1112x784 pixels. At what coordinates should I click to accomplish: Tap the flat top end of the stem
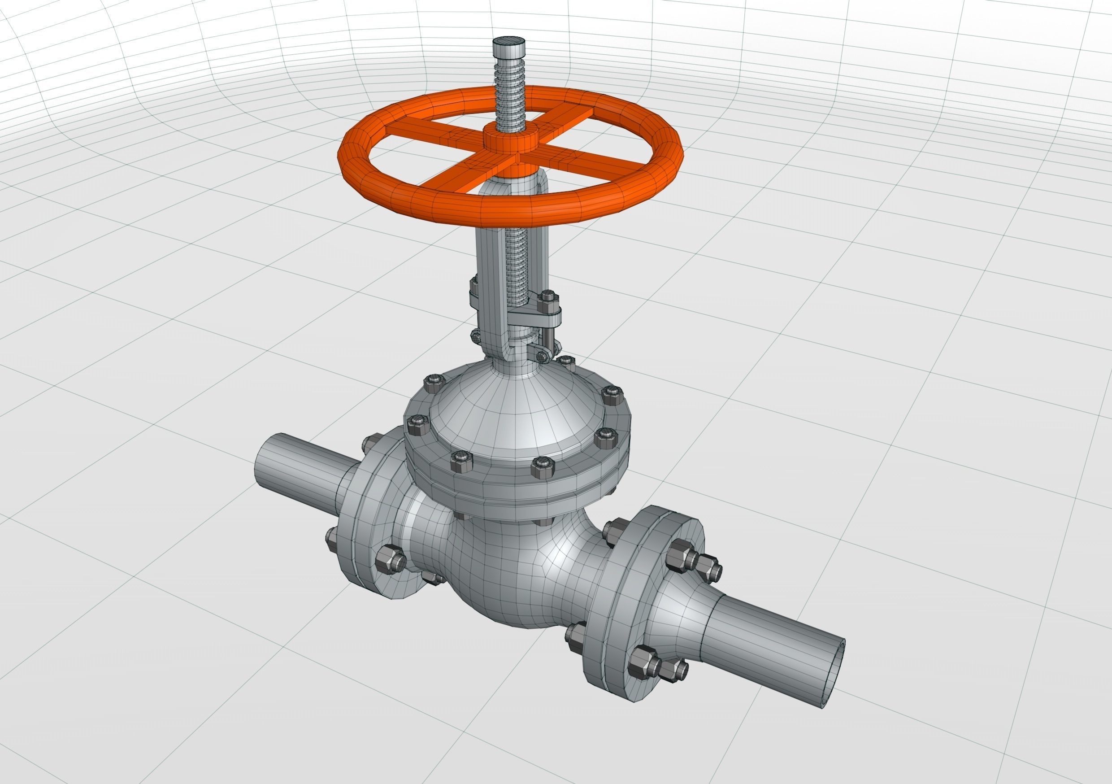click(509, 43)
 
